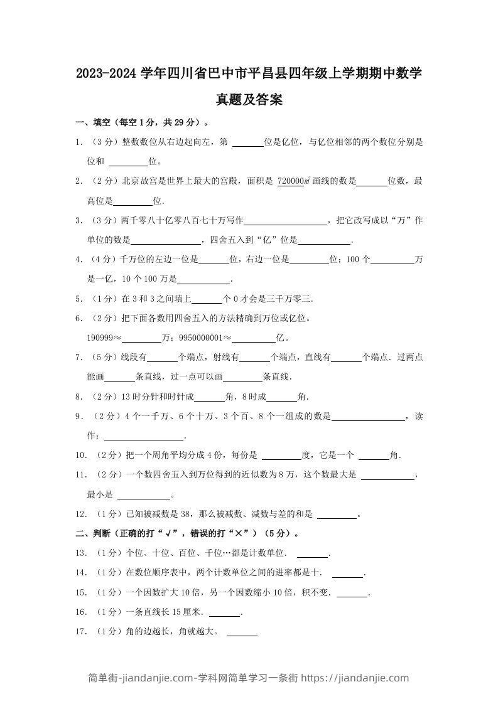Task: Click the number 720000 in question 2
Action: (x=290, y=181)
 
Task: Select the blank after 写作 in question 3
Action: (x=285, y=221)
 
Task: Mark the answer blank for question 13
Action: (x=312, y=555)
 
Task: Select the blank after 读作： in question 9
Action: (x=144, y=437)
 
